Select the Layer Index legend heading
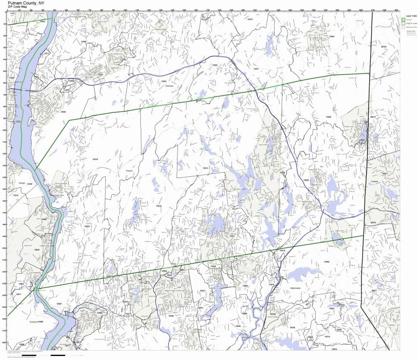(x=408, y=15)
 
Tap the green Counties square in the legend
(x=403, y=19)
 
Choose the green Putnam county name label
(x=129, y=171)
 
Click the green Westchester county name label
(x=295, y=287)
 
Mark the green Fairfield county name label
(x=374, y=182)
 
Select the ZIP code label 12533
(x=164, y=81)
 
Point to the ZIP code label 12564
(x=332, y=36)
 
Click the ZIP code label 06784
(x=383, y=46)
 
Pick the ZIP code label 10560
(x=326, y=262)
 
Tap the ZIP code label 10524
(x=87, y=226)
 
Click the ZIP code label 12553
(x=18, y=121)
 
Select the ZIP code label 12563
(x=328, y=117)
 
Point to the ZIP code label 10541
(x=232, y=236)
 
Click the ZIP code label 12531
(x=256, y=69)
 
